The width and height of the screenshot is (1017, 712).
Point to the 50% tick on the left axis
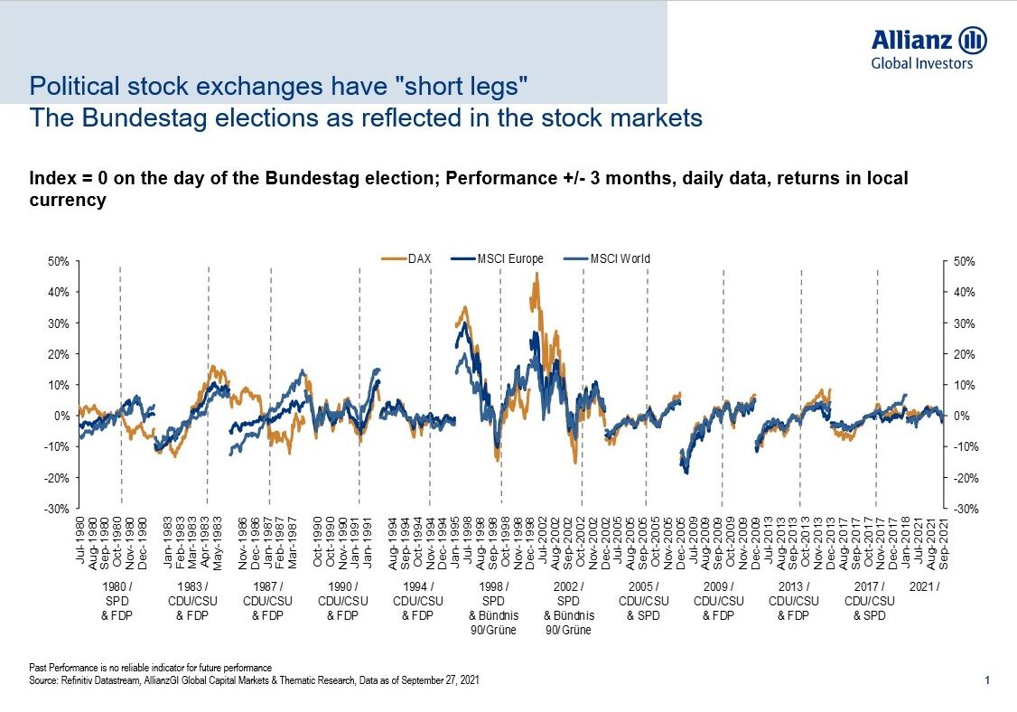point(59,262)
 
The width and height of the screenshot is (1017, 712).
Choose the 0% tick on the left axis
point(62,417)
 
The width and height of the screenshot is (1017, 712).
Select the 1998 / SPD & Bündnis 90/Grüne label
point(493,607)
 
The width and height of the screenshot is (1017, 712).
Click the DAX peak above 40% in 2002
point(536,276)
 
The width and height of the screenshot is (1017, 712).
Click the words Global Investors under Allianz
point(921,63)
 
